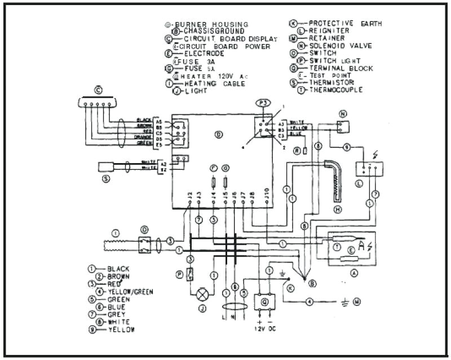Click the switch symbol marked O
[x=145, y=245]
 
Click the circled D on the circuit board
[x=219, y=134]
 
